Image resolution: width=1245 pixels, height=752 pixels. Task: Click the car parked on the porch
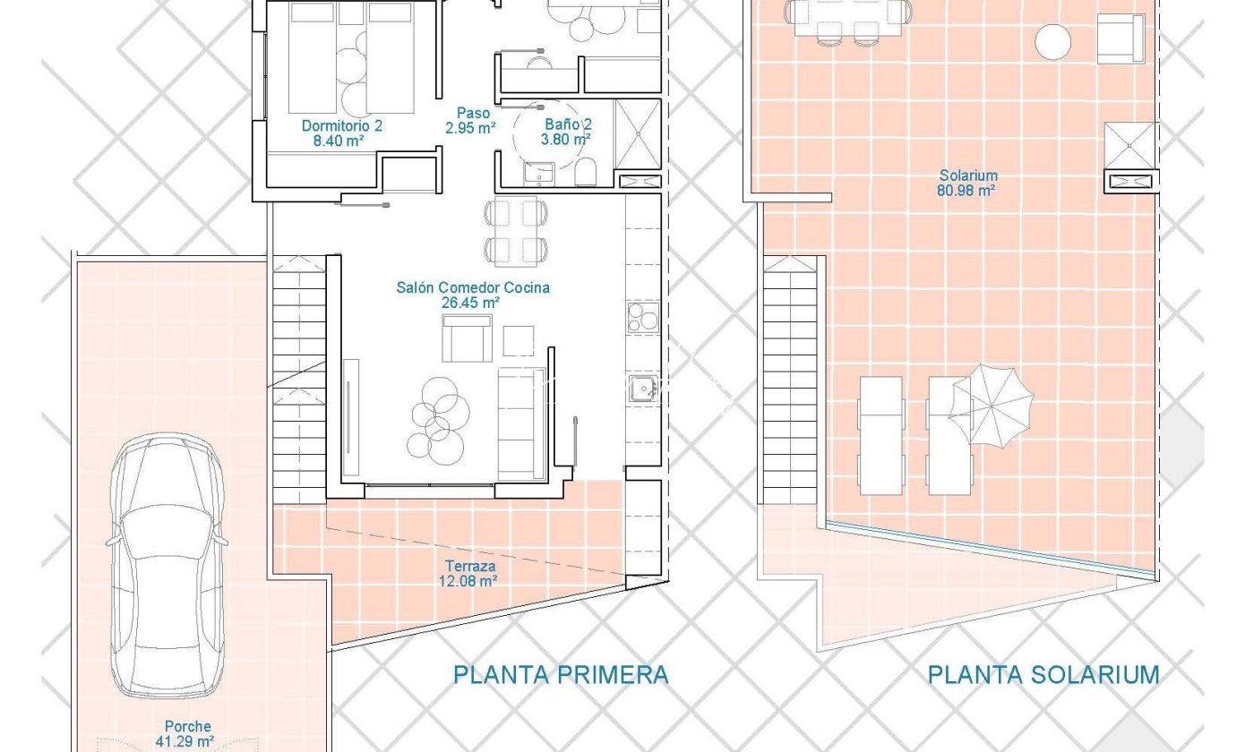(167, 565)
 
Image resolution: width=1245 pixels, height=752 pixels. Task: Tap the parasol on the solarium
(992, 406)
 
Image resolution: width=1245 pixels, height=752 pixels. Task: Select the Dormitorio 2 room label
(342, 126)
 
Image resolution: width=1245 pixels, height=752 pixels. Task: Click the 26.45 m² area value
(470, 303)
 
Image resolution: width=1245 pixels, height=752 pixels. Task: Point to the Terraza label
(470, 567)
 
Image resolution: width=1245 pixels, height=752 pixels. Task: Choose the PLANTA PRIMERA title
(561, 675)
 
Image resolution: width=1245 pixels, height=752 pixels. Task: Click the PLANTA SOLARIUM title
(1043, 675)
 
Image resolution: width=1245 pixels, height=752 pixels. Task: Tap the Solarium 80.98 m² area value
(966, 191)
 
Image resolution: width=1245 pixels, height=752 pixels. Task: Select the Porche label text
(188, 726)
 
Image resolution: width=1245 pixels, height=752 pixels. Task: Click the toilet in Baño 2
(585, 172)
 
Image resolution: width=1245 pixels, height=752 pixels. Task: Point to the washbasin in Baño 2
(539, 174)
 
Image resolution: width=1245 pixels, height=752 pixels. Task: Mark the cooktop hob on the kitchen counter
(643, 318)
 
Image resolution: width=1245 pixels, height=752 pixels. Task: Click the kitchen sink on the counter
(644, 388)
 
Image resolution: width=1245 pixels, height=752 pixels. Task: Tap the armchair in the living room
(467, 338)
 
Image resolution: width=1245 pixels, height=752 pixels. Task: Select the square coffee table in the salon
(519, 340)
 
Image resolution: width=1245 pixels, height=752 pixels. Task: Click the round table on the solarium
(1052, 42)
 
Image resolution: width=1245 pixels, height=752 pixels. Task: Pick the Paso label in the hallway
(474, 114)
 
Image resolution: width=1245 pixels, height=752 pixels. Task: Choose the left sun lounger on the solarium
(881, 435)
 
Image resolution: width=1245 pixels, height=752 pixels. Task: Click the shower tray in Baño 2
(638, 134)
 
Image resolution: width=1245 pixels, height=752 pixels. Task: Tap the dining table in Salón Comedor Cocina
(516, 232)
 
